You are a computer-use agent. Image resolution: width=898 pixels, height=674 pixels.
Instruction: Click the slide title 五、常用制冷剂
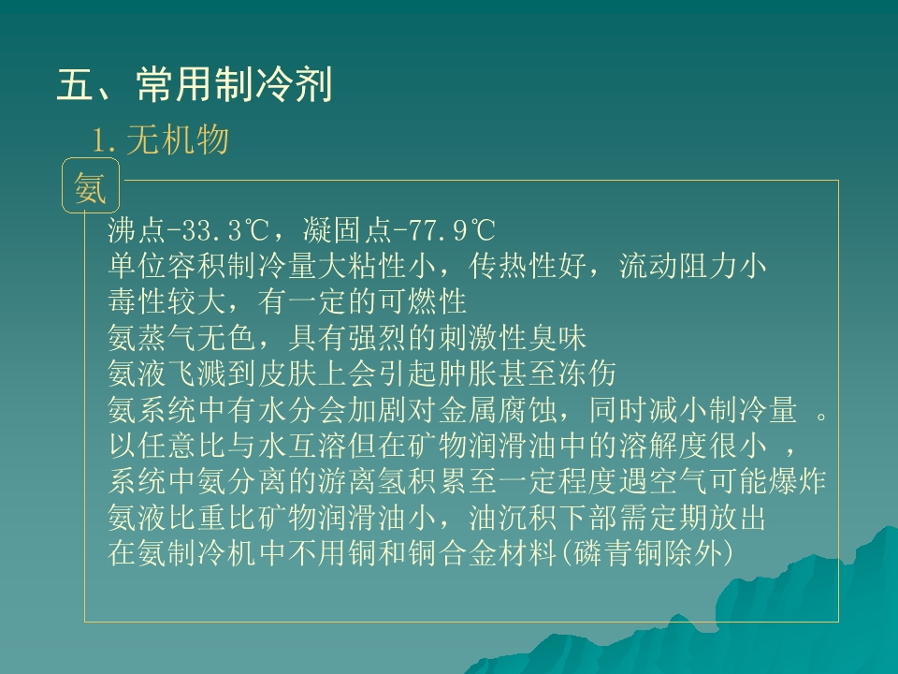point(195,86)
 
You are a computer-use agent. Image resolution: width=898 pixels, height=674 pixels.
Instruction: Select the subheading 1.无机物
point(160,140)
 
